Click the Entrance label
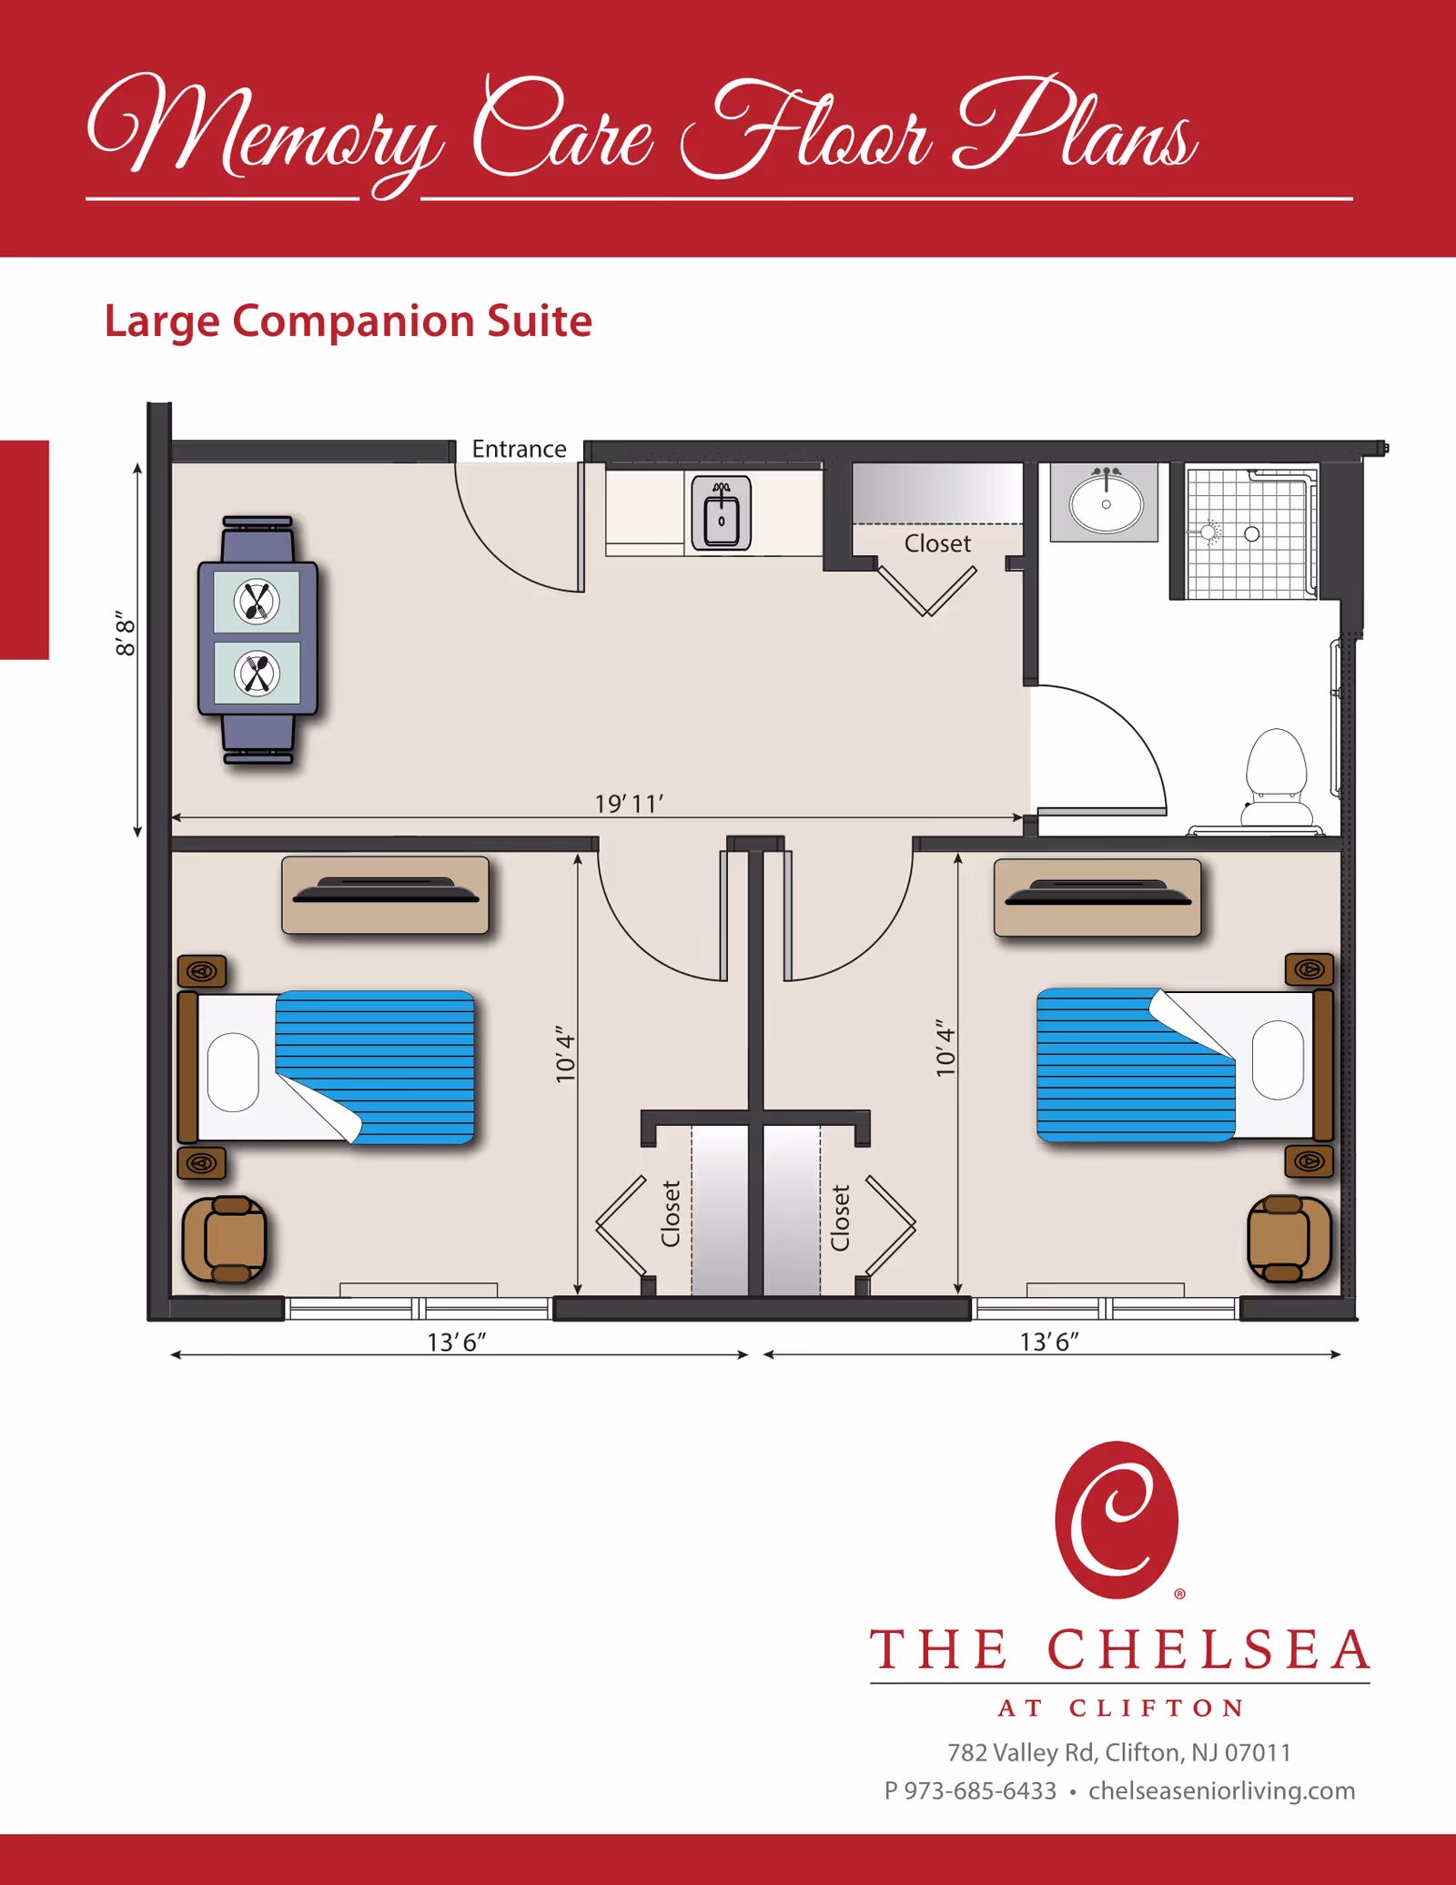click(x=519, y=449)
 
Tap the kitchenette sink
click(x=721, y=513)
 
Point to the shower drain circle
click(x=1252, y=534)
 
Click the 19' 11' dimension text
click(x=629, y=804)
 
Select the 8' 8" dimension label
click(x=125, y=633)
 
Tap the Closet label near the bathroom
click(x=937, y=543)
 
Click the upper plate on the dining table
click(x=257, y=602)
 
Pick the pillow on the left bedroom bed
click(x=233, y=1071)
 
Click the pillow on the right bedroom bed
click(x=1278, y=1060)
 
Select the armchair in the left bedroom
click(x=225, y=1240)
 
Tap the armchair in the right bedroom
click(x=1289, y=1239)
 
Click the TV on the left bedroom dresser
click(x=385, y=891)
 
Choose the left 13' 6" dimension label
click(x=457, y=1343)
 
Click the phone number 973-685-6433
click(x=979, y=1791)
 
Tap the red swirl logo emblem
click(x=1117, y=1521)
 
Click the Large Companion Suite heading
click(x=348, y=321)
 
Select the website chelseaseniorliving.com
click(x=1221, y=1791)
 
